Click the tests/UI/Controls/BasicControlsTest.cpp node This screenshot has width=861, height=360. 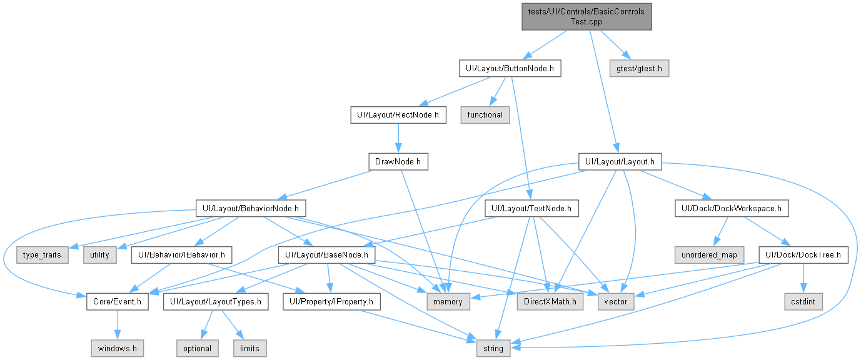pyautogui.click(x=587, y=16)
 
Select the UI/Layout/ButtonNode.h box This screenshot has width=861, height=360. pyautogui.click(x=510, y=68)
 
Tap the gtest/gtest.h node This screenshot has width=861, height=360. pyautogui.click(x=639, y=68)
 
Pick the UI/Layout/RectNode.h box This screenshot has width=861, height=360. pyautogui.click(x=398, y=115)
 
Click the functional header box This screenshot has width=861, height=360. pyautogui.click(x=485, y=115)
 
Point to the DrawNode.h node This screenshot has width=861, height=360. pyautogui.click(x=398, y=162)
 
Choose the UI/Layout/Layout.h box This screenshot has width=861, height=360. pyautogui.click(x=620, y=162)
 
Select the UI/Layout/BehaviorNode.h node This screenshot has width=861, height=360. pyautogui.click(x=251, y=208)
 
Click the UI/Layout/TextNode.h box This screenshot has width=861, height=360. pyautogui.click(x=531, y=208)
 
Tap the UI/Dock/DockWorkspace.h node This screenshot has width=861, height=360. pyautogui.click(x=732, y=208)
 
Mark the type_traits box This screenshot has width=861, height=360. pyautogui.click(x=43, y=255)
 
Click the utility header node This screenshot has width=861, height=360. pyautogui.click(x=100, y=255)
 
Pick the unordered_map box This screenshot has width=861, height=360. pyautogui.click(x=709, y=255)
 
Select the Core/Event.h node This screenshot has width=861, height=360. pyautogui.click(x=117, y=302)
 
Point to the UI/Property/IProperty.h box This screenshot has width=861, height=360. pyautogui.click(x=331, y=302)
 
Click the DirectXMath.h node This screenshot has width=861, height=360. pyautogui.click(x=550, y=302)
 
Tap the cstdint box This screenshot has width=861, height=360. pyautogui.click(x=803, y=302)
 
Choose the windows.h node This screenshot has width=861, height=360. pyautogui.click(x=117, y=348)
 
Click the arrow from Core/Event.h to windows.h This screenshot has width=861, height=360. pyautogui.click(x=117, y=325)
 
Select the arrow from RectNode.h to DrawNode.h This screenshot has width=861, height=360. pyautogui.click(x=398, y=138)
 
